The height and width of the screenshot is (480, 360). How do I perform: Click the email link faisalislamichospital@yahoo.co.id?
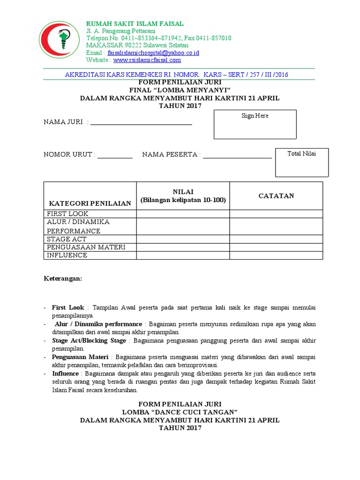tap(153, 53)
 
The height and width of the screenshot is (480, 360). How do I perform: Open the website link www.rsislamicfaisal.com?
tap(147, 60)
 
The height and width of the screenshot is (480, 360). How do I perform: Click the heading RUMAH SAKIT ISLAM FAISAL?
tap(135, 24)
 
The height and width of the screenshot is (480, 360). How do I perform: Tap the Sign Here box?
tap(255, 125)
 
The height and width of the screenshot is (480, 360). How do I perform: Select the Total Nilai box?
tap(302, 163)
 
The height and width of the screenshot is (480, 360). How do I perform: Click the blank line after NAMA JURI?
tap(141, 124)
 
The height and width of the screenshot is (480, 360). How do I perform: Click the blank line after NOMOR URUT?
tap(115, 157)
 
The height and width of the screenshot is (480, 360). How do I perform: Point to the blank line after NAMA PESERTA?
tap(237, 157)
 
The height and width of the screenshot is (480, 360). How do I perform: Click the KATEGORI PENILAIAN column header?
tap(90, 203)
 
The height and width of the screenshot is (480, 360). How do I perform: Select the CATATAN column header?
tap(276, 196)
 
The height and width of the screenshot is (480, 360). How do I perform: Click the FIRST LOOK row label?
tap(67, 214)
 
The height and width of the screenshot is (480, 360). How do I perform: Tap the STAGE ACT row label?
tap(67, 239)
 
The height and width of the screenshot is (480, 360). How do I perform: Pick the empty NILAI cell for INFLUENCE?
tap(183, 255)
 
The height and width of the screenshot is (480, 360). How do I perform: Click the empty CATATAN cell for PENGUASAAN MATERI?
tap(276, 247)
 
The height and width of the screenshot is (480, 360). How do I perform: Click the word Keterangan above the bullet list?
tap(63, 278)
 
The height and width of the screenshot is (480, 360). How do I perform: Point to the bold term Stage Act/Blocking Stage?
tap(89, 341)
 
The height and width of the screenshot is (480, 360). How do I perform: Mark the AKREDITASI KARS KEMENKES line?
tap(176, 75)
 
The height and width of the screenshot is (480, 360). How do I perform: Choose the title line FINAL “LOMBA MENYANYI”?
tap(180, 90)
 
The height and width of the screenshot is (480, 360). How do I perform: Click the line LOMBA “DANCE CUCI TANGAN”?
tap(180, 412)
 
